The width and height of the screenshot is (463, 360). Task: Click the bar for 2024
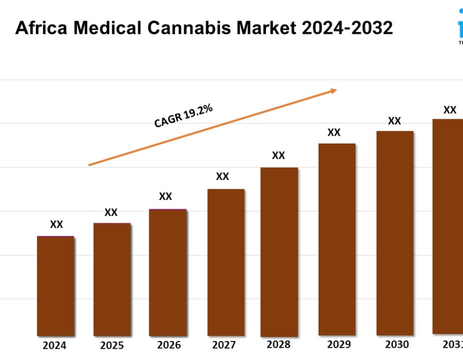[56, 285]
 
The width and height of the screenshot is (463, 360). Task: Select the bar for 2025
[112, 279]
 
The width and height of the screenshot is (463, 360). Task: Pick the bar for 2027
[226, 262]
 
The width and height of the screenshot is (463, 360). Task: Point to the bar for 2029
[337, 239]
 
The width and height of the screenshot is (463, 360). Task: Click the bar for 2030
[395, 233]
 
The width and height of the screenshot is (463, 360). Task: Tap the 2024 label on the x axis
[55, 346]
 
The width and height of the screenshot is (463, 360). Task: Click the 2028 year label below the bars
[279, 344]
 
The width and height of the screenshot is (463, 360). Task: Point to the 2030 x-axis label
[397, 344]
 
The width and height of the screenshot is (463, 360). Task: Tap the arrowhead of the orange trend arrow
[333, 91]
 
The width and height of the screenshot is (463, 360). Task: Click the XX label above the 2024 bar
[57, 224]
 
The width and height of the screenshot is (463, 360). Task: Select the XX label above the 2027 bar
[222, 176]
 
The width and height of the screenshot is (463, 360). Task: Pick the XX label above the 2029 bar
[334, 132]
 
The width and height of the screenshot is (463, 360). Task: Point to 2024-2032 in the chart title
[347, 28]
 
